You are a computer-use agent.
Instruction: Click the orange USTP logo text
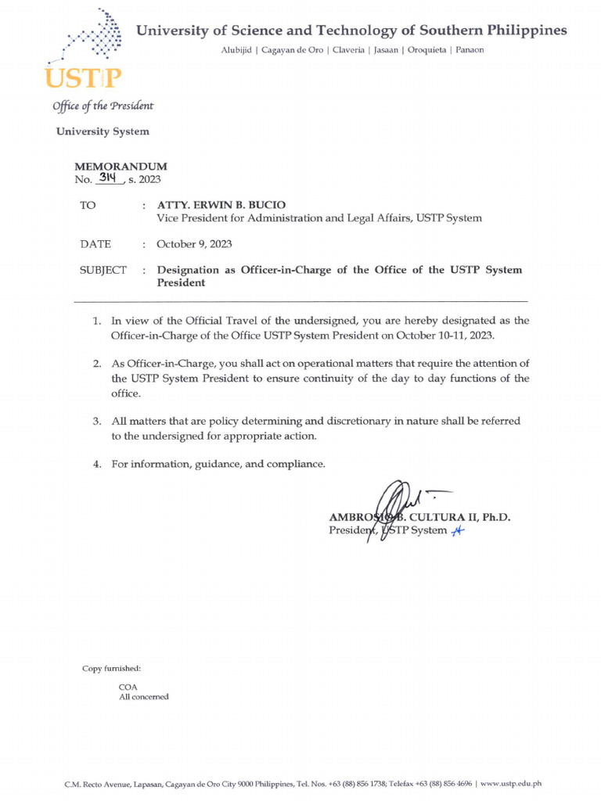point(84,78)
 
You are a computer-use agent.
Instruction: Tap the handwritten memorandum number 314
point(109,178)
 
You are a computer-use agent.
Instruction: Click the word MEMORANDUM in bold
point(120,167)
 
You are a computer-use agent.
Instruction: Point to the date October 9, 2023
point(194,244)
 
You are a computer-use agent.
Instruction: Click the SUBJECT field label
point(103,270)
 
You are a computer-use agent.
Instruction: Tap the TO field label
point(88,205)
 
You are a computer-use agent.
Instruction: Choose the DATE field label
point(95,244)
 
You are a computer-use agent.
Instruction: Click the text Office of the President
point(103,106)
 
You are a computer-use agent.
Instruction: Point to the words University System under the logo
point(102,131)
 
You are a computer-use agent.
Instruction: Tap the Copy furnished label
point(112,668)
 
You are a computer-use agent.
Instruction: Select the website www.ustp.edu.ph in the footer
point(511,783)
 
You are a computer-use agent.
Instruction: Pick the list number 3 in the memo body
point(97,421)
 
